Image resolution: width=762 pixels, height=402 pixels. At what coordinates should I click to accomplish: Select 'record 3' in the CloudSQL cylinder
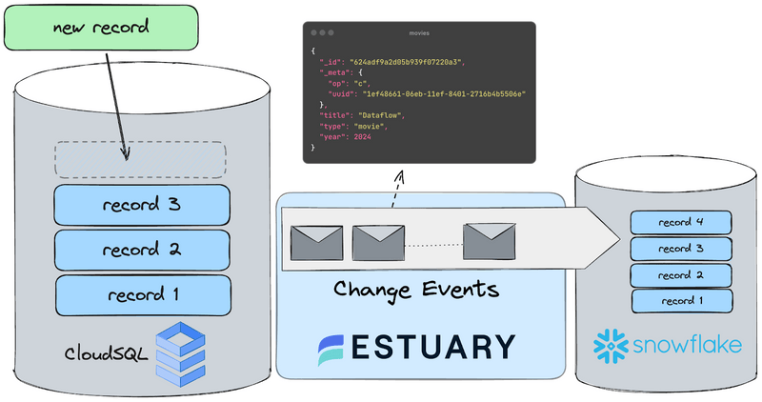click(142, 204)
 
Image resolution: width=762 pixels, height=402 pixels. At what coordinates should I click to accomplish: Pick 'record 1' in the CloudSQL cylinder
click(142, 294)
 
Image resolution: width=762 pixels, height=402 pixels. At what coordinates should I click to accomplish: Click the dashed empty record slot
click(140, 158)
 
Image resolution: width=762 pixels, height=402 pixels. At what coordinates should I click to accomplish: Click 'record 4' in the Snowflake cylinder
click(681, 223)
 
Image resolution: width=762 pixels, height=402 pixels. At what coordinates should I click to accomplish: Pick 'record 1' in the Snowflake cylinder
click(681, 301)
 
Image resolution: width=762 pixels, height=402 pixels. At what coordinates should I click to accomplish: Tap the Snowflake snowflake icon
click(611, 345)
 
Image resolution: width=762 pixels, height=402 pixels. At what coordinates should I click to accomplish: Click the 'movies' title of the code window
click(419, 33)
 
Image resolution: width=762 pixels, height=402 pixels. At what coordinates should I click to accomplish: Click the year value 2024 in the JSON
click(362, 137)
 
